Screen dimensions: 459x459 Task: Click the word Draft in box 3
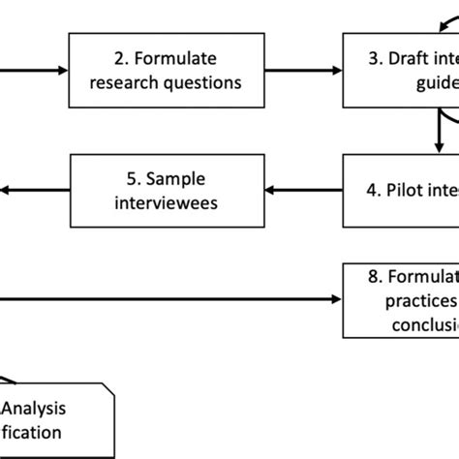(x=404, y=58)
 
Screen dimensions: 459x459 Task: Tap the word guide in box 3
(x=431, y=83)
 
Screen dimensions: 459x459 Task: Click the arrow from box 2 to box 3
(x=302, y=71)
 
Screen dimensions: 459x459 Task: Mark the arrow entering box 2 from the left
(x=34, y=71)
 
